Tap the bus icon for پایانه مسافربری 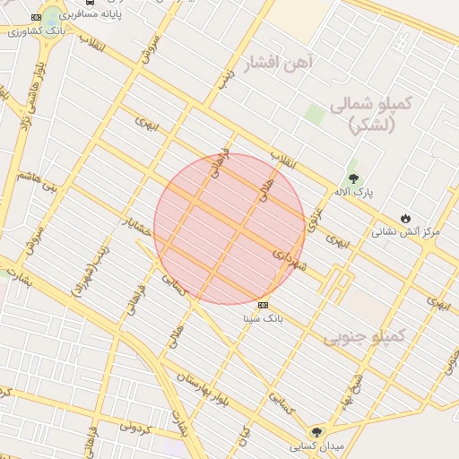[88, 3]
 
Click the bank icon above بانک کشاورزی [35, 17]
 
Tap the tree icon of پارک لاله [352, 178]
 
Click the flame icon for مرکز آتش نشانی [405, 218]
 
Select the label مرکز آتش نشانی [406, 231]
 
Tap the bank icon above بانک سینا [262, 304]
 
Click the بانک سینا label [263, 317]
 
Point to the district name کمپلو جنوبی [365, 337]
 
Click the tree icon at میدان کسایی [315, 432]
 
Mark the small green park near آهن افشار [313, 115]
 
